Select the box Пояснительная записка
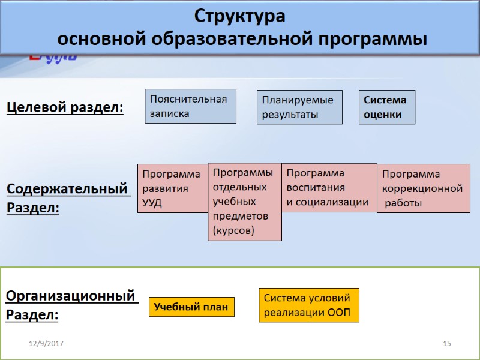pos(190,106)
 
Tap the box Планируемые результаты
pos(299,107)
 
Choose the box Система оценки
pos(387,107)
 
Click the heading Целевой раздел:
pos(65,107)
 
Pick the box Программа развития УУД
pos(172,188)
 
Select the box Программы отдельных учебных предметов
pos(244,202)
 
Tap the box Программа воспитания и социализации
pos(328,188)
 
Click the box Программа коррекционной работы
pos(422,188)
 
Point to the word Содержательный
pos(68,189)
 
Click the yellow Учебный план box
pos(191,307)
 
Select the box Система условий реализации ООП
pos(308,305)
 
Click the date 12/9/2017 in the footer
pos(47,343)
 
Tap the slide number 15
pos(446,343)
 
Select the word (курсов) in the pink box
pos(233,230)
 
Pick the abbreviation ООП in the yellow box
pos(339,313)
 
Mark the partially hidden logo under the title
pos(53,58)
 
